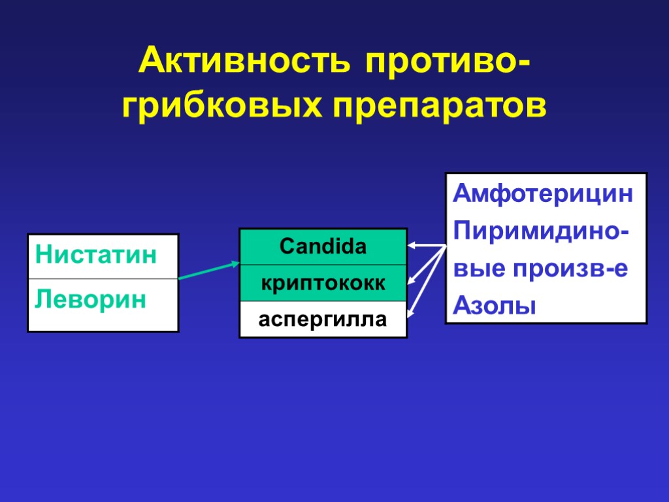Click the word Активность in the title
[x=243, y=63]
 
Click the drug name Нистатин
[x=96, y=254]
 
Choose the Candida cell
[x=323, y=247]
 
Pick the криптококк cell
[x=323, y=284]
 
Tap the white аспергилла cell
[x=323, y=320]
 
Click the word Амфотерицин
[x=544, y=194]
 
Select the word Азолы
[x=495, y=305]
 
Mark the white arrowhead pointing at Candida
[x=412, y=246]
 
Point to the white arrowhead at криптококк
[x=412, y=282]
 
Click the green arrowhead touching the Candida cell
[x=236, y=264]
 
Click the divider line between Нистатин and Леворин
[x=103, y=279]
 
